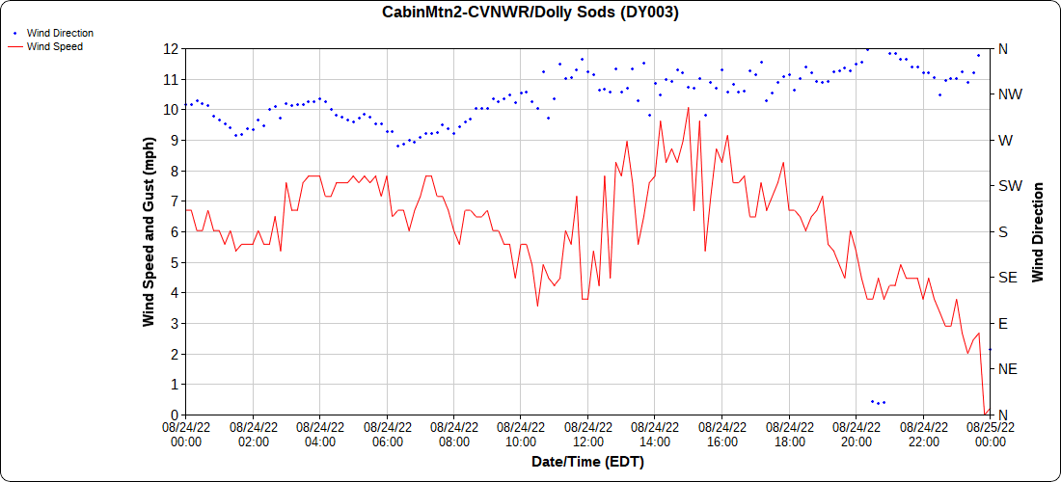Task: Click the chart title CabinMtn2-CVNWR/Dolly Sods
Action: click(x=530, y=13)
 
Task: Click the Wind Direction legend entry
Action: click(x=60, y=33)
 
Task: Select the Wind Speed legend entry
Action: click(x=54, y=45)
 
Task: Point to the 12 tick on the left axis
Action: click(x=172, y=49)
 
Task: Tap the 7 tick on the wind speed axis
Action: click(x=175, y=201)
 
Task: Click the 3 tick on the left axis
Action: click(x=175, y=323)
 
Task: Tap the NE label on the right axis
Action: click(x=1006, y=369)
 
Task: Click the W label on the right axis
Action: click(x=1005, y=141)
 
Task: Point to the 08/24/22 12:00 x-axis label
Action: click(x=588, y=434)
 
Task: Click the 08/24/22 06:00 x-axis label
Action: click(x=387, y=434)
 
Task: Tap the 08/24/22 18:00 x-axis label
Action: click(x=790, y=434)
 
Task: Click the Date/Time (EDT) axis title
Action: click(x=587, y=462)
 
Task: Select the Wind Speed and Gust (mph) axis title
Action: click(x=149, y=231)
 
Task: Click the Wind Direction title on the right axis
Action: click(x=1038, y=231)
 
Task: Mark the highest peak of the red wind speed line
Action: click(x=688, y=108)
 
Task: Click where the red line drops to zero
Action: click(x=985, y=414)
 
